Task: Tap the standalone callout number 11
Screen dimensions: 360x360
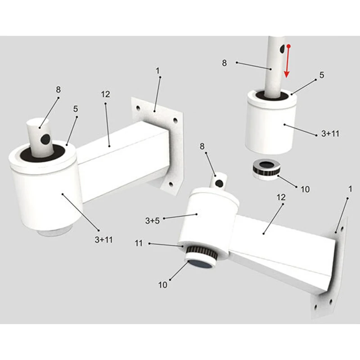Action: point(139,243)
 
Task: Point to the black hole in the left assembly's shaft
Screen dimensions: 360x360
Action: point(45,140)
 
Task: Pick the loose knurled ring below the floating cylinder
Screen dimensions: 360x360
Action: point(266,169)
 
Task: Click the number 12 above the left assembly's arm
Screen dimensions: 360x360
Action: point(105,94)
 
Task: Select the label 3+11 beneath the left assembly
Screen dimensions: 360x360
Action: point(103,240)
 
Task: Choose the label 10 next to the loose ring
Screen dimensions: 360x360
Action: point(305,189)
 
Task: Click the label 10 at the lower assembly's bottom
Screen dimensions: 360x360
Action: point(162,284)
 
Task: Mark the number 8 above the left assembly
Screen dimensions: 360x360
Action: point(58,89)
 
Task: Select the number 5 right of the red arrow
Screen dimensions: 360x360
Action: point(322,76)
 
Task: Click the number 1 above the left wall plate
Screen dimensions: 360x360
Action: point(157,71)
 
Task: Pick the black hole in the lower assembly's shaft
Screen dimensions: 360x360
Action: point(219,183)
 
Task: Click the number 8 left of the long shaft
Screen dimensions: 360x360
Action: point(225,63)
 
